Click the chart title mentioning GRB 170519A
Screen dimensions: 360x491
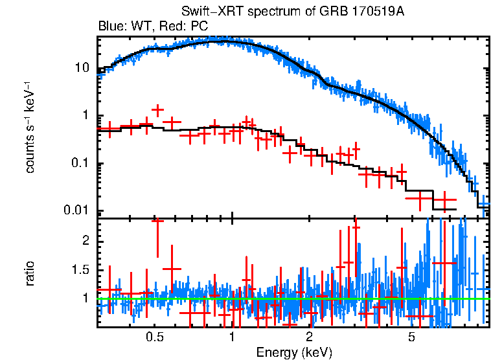(x=293, y=12)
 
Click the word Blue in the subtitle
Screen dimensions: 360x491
(x=110, y=27)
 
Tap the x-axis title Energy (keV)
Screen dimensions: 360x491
(x=293, y=352)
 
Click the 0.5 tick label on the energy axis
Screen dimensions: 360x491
(x=154, y=337)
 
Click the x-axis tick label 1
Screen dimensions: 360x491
(x=232, y=337)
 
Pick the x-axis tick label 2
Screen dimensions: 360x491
(x=310, y=337)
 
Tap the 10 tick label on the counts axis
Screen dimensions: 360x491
(x=82, y=68)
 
